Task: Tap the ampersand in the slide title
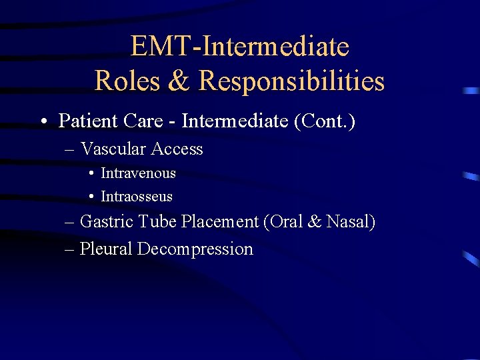[178, 81]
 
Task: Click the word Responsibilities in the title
[291, 81]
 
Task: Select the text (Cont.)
[323, 121]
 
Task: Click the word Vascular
[112, 149]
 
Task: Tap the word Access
[176, 149]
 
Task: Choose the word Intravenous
[138, 173]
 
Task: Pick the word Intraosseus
[136, 197]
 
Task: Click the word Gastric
[105, 222]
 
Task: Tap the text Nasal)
[351, 222]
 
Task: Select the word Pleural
[106, 249]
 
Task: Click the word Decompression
[195, 249]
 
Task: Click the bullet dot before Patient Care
[43, 122]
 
